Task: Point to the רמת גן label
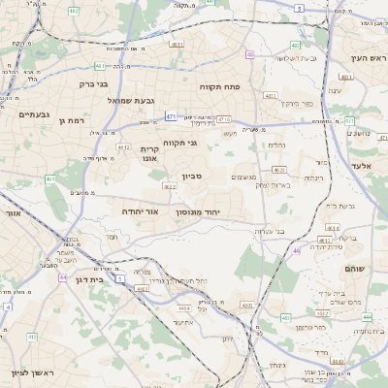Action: [x=73, y=120]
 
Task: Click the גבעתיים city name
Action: [x=34, y=114]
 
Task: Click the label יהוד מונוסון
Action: [x=198, y=210]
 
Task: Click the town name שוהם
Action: [x=356, y=268]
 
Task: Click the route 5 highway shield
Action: [x=300, y=8]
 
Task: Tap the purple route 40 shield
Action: [x=251, y=55]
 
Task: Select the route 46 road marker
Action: [x=296, y=250]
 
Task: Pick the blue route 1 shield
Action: [x=119, y=278]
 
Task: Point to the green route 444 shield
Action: [x=367, y=316]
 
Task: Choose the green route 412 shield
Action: [x=32, y=337]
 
